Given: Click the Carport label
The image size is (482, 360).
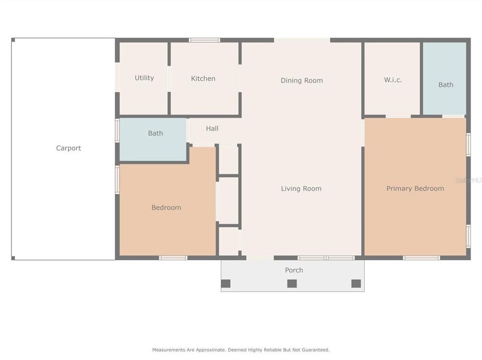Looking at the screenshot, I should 68,148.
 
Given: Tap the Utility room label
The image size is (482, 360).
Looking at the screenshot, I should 144,78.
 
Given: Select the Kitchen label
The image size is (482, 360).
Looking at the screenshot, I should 203,78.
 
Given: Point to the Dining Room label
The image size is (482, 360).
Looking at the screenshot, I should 301,80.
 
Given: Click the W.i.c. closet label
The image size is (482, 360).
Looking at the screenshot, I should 393,80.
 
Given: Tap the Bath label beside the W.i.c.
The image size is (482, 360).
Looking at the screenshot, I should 445,85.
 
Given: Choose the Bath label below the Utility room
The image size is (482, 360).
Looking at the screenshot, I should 155,133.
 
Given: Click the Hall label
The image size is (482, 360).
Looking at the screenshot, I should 212,128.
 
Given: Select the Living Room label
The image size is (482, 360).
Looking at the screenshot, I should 301,189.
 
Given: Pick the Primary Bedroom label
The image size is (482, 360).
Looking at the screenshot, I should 415,189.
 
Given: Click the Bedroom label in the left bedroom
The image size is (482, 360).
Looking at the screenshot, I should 166,208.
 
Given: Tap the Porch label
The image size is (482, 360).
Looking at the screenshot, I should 294,270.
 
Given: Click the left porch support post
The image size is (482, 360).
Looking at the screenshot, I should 226,284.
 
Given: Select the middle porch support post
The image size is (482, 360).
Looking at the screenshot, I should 292,284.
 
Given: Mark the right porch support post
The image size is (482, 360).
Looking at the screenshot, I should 356,284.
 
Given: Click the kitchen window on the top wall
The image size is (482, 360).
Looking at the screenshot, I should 204,40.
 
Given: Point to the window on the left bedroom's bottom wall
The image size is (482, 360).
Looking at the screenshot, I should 173,258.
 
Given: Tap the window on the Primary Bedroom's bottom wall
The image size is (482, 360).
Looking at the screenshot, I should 421,258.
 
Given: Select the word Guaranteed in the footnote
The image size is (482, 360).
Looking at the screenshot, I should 313,350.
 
